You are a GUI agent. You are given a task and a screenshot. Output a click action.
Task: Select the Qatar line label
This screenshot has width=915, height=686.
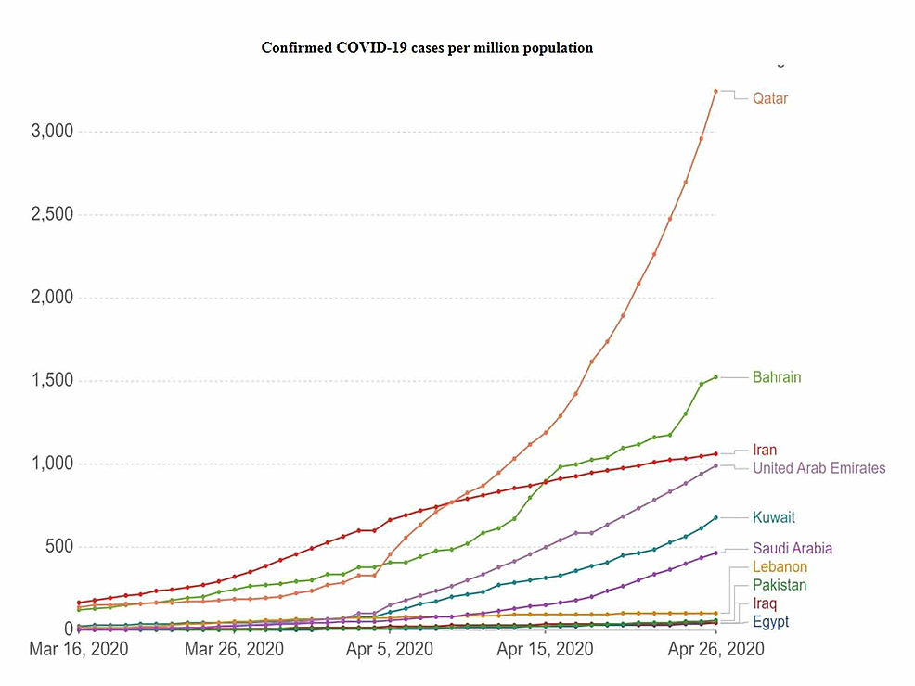[769, 98]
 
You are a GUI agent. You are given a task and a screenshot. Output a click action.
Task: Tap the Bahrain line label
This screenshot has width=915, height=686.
[776, 377]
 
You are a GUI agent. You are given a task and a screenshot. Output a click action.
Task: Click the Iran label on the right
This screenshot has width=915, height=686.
[766, 450]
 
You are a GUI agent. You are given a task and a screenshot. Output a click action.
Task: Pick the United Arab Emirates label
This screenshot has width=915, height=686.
[818, 468]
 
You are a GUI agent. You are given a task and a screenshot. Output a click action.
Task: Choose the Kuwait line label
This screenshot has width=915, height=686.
[773, 517]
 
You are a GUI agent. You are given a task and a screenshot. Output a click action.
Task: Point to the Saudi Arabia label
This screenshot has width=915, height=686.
[792, 549]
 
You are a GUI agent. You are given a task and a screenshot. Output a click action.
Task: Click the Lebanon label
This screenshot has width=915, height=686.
[780, 567]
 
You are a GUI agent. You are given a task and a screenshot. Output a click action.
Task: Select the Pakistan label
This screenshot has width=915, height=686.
[780, 586]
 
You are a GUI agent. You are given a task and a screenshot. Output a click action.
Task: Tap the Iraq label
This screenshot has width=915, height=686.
[766, 604]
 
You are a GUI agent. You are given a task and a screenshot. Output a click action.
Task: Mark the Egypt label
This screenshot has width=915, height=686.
[770, 622]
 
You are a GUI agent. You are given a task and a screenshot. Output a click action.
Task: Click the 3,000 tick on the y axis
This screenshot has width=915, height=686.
[52, 132]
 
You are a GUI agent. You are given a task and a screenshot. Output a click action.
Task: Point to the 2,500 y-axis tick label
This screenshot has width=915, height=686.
[52, 215]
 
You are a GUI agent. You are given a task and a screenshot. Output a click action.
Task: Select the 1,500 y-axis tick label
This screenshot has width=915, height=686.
[52, 381]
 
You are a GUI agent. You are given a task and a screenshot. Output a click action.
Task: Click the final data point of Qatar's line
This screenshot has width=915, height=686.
[715, 91]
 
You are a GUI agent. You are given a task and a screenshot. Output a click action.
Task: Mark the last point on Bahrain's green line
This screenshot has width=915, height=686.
[715, 377]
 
